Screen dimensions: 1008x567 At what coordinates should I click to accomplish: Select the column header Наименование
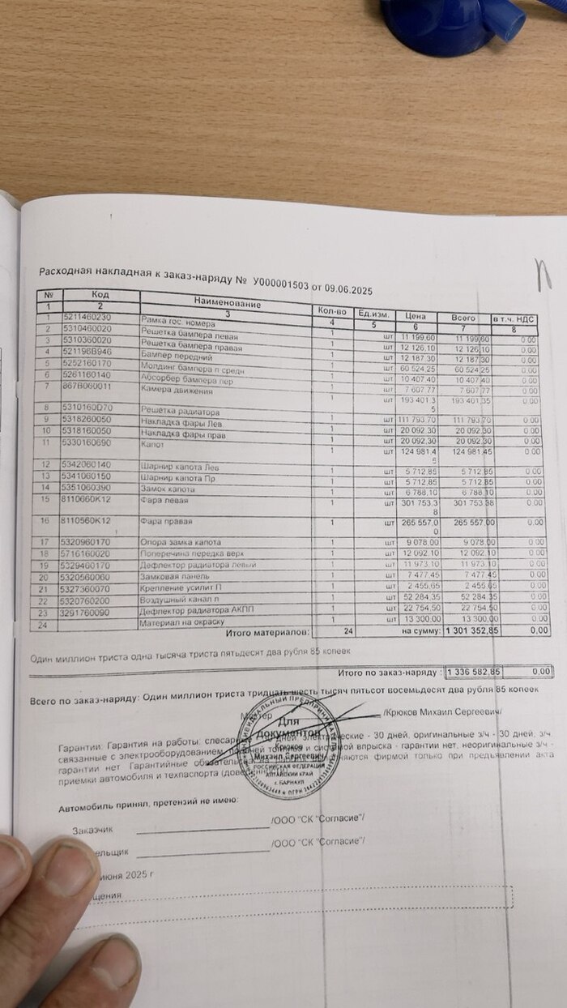pos(228,303)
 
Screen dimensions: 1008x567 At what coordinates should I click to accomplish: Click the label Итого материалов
pos(267,630)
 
